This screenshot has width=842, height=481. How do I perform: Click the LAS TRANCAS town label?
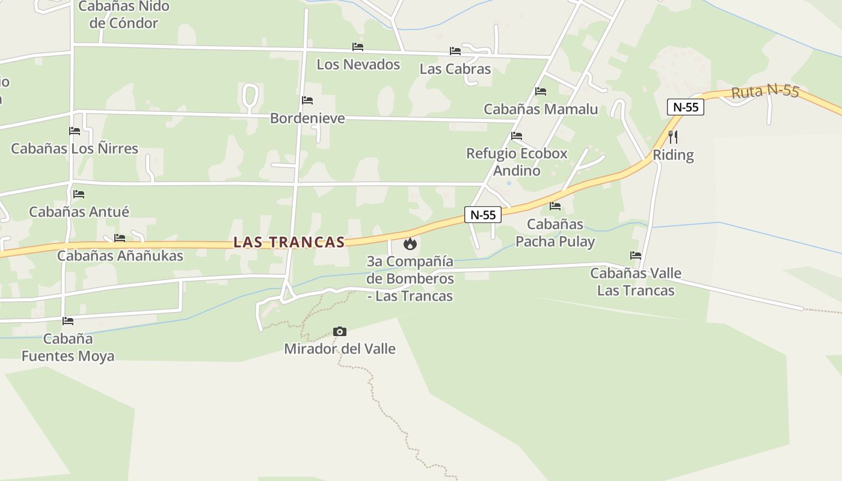click(289, 242)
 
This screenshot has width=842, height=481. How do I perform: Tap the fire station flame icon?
click(410, 244)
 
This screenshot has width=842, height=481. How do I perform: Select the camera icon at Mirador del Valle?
click(340, 331)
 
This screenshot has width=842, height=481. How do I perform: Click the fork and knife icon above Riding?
click(673, 137)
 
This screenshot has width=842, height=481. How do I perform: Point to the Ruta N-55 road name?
click(765, 91)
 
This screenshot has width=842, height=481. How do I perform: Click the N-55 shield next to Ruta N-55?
click(686, 107)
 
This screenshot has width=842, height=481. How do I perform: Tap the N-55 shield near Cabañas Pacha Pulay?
click(482, 215)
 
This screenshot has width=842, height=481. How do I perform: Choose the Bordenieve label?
click(307, 118)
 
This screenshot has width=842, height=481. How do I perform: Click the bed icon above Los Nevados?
click(358, 47)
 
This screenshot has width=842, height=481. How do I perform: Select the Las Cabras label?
click(455, 69)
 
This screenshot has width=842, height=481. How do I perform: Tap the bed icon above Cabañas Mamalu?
click(541, 91)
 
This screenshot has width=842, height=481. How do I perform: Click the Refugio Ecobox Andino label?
click(517, 162)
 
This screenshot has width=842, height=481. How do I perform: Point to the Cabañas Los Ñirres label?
click(75, 148)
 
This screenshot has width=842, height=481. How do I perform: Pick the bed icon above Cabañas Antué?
click(78, 194)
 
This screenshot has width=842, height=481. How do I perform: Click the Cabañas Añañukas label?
click(120, 256)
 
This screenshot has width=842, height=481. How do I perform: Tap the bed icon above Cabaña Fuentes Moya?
click(68, 321)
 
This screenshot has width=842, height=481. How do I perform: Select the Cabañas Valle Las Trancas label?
click(636, 281)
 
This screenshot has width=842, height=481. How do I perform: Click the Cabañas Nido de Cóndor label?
click(124, 15)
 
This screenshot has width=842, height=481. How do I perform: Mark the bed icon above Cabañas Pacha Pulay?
click(555, 206)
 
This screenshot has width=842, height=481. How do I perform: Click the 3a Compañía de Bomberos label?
click(410, 278)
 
